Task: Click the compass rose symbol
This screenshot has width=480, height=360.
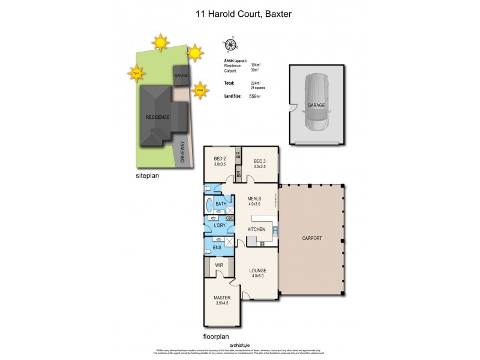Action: tap(230, 44)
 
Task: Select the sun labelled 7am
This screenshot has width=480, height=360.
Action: tap(200, 91)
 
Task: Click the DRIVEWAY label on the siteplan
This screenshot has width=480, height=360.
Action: tap(184, 153)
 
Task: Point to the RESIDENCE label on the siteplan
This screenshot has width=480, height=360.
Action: tap(158, 117)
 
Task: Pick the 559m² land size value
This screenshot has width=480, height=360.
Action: tap(254, 96)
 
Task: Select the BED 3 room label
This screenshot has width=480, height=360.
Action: tap(260, 161)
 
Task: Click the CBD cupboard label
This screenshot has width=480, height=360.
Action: tap(229, 218)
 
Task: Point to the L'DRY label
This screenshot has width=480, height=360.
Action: tap(220, 226)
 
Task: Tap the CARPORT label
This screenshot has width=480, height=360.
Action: tap(311, 238)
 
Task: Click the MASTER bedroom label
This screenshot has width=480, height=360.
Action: tap(222, 298)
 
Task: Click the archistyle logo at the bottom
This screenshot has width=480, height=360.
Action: tap(239, 345)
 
